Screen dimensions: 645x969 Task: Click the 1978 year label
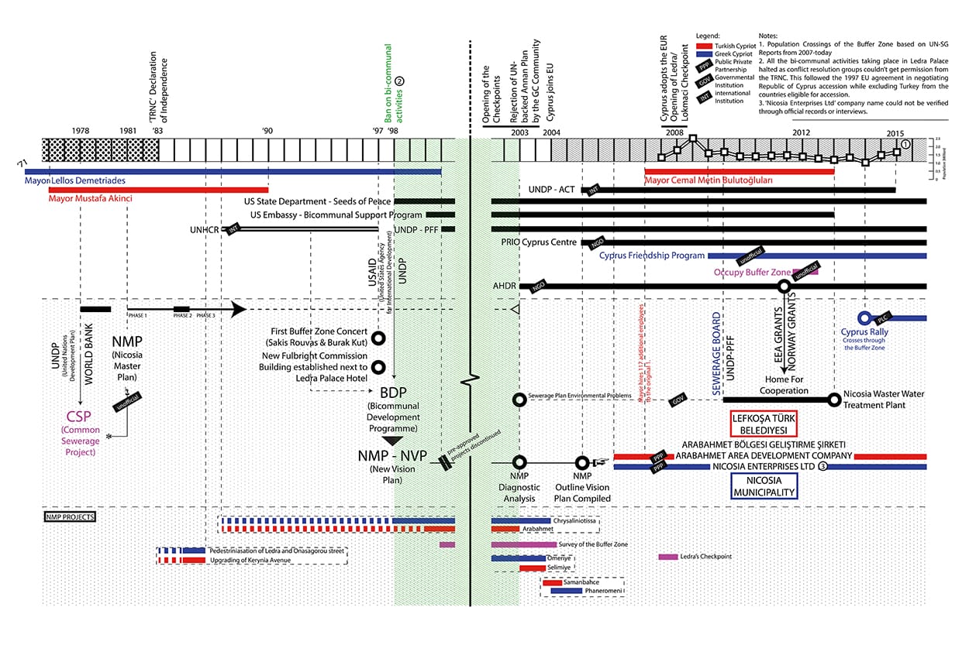coord(80,131)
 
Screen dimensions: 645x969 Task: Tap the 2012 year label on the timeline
coord(802,131)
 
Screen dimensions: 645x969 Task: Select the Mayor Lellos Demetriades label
coord(75,180)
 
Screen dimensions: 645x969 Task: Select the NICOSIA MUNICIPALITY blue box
coord(764,486)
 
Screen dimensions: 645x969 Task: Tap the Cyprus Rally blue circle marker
coord(864,318)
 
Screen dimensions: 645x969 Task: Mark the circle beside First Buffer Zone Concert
coord(378,338)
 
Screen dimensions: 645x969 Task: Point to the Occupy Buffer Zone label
coord(751,273)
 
